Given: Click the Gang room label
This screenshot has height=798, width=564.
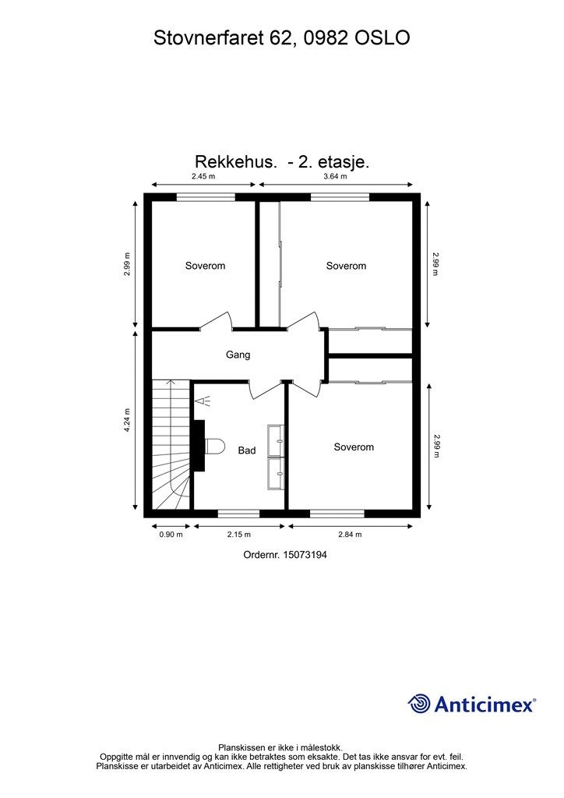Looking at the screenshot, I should pos(238,355).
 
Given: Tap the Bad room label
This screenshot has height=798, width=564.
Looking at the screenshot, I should pos(247,450).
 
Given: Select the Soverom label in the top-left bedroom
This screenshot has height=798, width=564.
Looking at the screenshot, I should pos(205,266).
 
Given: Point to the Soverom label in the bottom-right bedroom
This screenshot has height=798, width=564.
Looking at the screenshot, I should pos(354,447).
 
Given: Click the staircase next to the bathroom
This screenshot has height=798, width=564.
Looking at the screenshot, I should pos(170,444).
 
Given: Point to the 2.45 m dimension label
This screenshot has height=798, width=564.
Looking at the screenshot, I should pos(203,177).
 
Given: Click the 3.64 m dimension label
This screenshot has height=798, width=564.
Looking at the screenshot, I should pos(335,177).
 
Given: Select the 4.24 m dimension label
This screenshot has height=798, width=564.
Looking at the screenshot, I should pos(127,421).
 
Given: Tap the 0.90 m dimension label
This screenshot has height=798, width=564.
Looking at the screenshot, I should pos(171,535).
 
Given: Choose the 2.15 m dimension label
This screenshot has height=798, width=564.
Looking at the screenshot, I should pos(238,535).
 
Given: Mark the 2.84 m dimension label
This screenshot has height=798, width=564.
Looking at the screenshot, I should pos(350,535).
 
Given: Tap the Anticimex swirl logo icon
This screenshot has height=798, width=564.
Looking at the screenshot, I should pos(419,704).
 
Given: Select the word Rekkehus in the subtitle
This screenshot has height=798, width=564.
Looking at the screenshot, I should pos(235,162).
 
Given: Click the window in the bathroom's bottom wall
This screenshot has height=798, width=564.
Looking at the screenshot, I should pos(238,513).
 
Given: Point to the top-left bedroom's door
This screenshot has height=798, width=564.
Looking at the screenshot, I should pos(216,321).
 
